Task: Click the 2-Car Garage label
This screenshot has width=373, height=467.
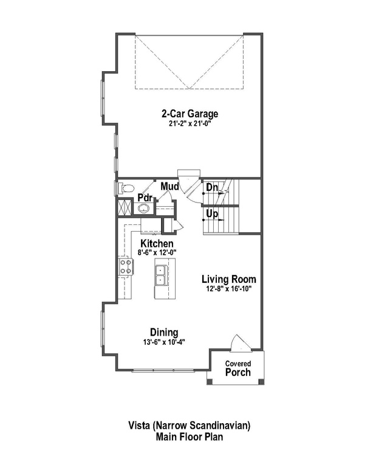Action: click(190, 113)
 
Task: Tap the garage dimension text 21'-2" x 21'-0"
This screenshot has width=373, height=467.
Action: click(190, 123)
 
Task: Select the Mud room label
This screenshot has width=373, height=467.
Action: click(169, 187)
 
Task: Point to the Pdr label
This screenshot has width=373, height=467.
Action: click(144, 198)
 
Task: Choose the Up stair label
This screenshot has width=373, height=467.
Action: click(212, 214)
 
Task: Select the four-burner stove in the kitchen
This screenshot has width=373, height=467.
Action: click(126, 266)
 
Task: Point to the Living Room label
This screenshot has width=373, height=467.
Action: click(229, 279)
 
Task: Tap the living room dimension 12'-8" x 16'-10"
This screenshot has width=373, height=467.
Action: click(229, 289)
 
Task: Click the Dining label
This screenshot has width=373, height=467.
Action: click(165, 332)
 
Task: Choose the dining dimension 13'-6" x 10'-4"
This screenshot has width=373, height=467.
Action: click(165, 342)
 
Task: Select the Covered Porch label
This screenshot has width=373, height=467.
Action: click(238, 368)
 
